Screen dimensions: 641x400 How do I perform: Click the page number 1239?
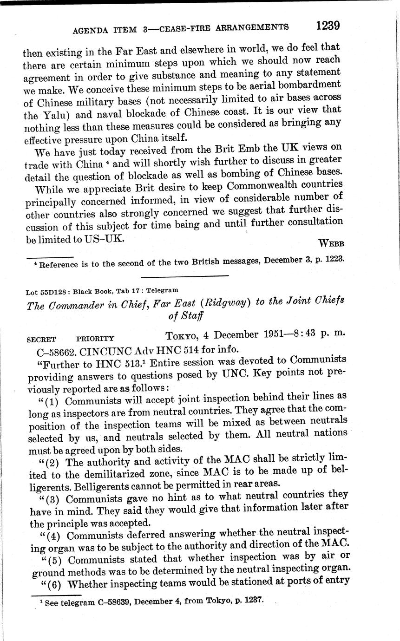tap(328, 25)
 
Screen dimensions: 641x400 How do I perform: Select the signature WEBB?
tap(331, 243)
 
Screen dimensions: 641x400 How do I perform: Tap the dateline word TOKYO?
tap(183, 335)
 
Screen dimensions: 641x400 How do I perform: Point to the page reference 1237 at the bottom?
tap(254, 599)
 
